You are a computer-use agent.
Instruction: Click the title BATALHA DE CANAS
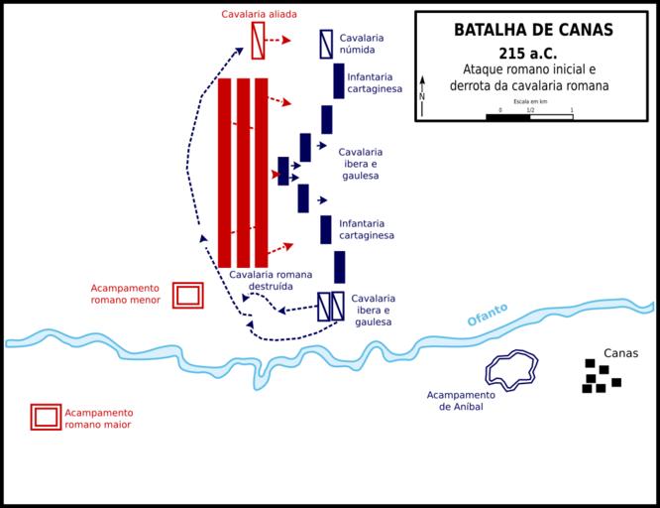533,30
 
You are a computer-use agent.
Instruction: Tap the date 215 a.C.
534,52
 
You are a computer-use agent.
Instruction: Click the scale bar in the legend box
529,117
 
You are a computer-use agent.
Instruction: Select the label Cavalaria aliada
259,14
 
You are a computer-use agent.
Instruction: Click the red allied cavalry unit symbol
259,41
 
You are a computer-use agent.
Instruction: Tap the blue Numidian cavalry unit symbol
326,44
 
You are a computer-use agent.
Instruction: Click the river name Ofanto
488,315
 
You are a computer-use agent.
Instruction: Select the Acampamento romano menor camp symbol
187,295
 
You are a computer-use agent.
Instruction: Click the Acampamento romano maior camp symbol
46,418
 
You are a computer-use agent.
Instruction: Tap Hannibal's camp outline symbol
511,371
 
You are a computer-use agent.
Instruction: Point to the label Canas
620,353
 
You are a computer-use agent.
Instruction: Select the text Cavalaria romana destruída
271,280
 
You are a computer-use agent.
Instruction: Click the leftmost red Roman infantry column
224,173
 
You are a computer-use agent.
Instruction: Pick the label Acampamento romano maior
98,419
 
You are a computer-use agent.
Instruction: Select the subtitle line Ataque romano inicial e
535,70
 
